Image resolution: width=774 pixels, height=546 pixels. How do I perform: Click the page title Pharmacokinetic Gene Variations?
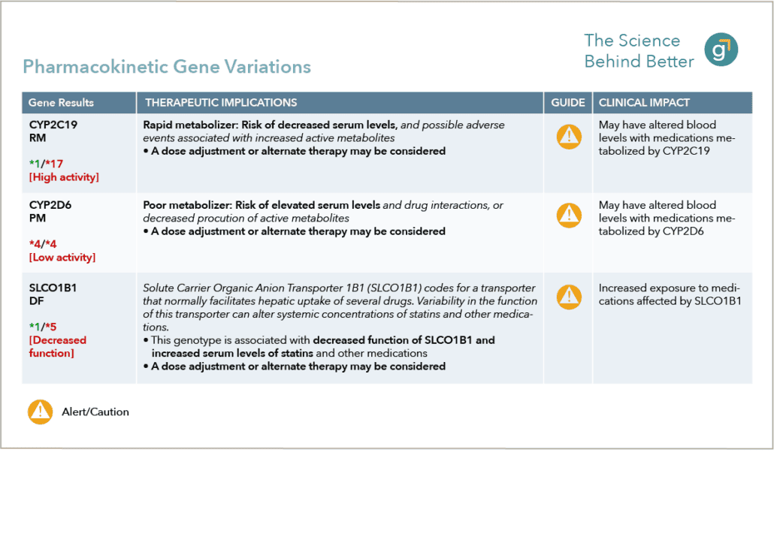(166, 67)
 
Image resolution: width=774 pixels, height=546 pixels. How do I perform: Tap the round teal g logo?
(721, 50)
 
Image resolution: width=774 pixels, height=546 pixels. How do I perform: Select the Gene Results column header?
(61, 103)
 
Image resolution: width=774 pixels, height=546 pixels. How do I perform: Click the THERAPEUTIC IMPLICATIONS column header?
(221, 103)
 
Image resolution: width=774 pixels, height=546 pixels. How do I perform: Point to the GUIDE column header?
(568, 103)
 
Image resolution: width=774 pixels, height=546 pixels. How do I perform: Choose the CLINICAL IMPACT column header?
(644, 103)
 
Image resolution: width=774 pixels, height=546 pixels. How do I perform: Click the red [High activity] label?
(64, 177)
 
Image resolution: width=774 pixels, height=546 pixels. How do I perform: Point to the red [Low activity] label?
(62, 258)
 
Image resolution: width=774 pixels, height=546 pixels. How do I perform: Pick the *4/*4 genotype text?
(44, 244)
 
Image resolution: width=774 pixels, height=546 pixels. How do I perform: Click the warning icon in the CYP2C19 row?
(568, 136)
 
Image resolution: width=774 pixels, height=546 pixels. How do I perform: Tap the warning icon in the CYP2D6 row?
(568, 216)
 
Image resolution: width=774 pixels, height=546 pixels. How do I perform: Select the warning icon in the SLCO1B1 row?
(568, 297)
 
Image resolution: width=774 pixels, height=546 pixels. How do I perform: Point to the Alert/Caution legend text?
(95, 412)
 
